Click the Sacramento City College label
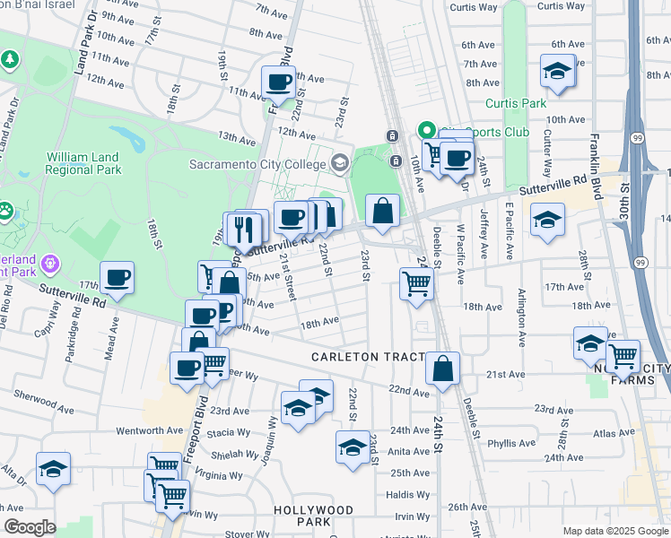[x=258, y=164]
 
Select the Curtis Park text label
[x=516, y=103]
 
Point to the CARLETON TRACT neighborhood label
[x=367, y=357]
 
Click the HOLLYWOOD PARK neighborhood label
[x=313, y=516]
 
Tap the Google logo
[x=30, y=527]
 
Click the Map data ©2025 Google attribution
[x=614, y=530]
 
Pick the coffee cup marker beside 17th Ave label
[x=117, y=278]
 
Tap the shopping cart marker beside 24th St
[x=417, y=283]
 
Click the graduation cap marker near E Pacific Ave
[x=547, y=219]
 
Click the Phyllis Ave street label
[x=511, y=443]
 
